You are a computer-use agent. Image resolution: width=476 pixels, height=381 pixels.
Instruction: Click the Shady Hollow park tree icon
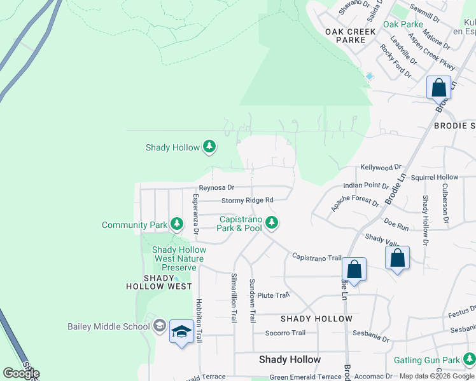(209, 147)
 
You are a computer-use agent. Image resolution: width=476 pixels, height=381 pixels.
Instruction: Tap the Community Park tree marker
(176, 224)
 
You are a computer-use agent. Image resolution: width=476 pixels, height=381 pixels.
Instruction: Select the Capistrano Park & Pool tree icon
(272, 222)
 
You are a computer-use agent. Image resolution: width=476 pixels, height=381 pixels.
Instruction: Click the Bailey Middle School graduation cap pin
(182, 333)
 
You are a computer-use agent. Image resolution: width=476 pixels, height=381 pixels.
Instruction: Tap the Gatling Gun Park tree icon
(469, 360)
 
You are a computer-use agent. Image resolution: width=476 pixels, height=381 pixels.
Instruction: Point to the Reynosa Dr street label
(216, 188)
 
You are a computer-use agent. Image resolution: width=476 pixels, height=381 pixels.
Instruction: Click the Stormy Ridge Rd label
(247, 200)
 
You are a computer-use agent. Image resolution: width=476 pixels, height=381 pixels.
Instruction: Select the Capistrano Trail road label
(317, 257)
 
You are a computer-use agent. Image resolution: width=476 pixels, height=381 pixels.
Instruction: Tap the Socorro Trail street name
(285, 333)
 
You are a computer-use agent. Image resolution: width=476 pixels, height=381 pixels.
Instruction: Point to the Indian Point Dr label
(366, 185)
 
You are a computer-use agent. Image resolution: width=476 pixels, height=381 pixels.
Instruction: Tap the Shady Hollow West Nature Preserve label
(179, 258)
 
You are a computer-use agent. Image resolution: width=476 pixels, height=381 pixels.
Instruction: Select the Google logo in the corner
(21, 373)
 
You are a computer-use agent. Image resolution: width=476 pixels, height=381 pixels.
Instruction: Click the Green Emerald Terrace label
(301, 377)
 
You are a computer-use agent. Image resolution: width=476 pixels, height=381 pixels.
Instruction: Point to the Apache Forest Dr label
(354, 202)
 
